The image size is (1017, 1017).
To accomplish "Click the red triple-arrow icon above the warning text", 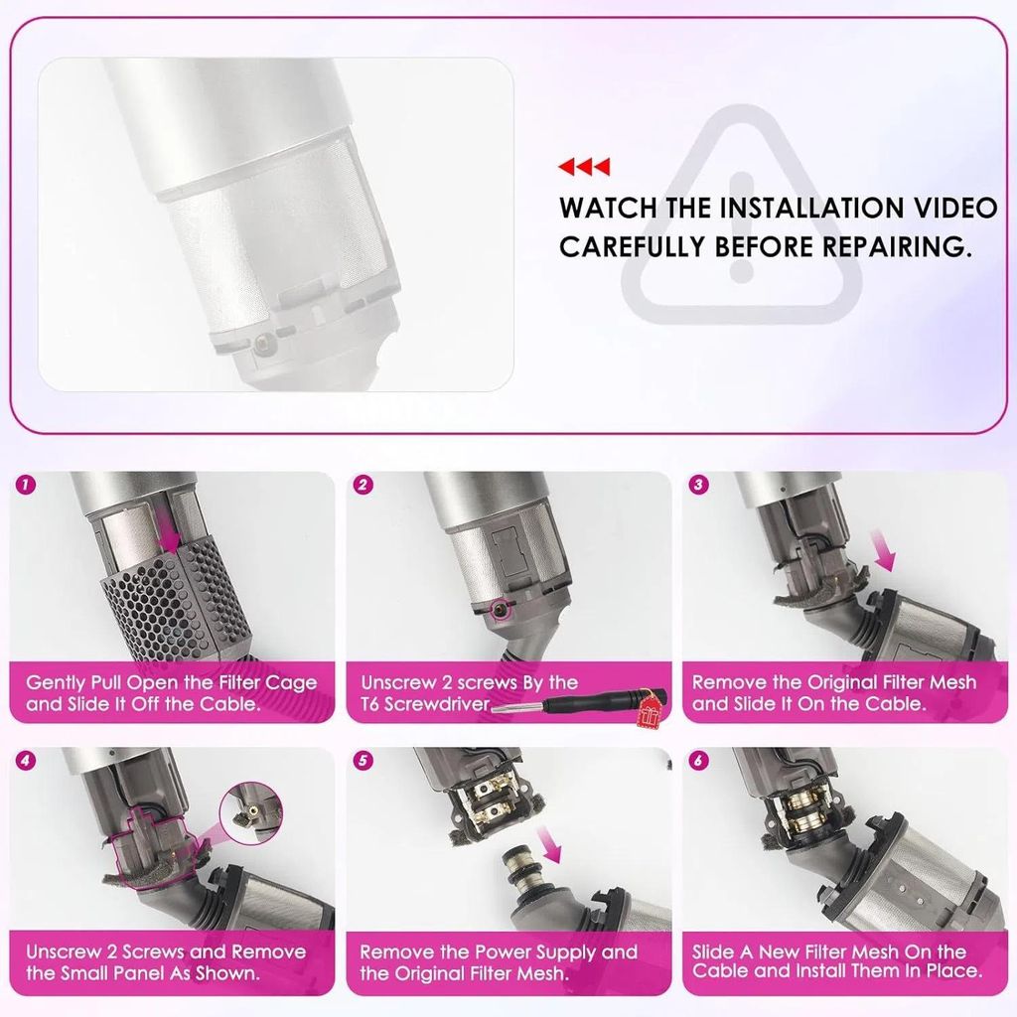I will pyautogui.click(x=583, y=167).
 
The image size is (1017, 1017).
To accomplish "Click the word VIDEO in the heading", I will pyautogui.click(x=947, y=209).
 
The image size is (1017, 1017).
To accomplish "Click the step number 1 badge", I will pyautogui.click(x=27, y=486).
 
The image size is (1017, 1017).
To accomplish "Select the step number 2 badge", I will pyautogui.click(x=363, y=486).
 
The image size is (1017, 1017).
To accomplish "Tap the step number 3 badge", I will pyautogui.click(x=699, y=486).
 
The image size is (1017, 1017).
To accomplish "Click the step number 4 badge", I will pyautogui.click(x=27, y=762).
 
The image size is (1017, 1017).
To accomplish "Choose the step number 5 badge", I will pyautogui.click(x=363, y=762).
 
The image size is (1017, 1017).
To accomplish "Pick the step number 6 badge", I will pyautogui.click(x=699, y=762).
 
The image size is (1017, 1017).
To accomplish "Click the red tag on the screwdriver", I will pyautogui.click(x=653, y=707).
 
